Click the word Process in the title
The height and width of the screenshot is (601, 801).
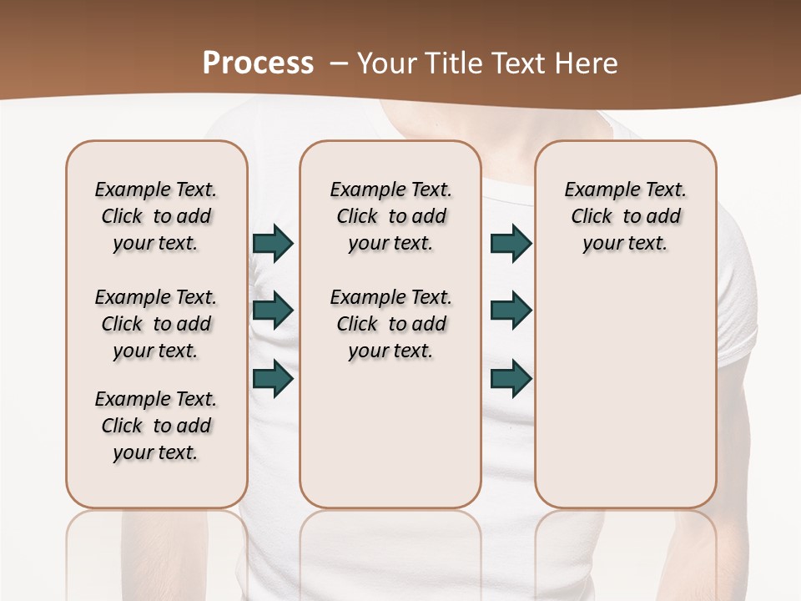258,63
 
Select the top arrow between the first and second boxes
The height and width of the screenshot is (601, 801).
273,243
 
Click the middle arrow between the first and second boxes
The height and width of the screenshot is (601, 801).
273,311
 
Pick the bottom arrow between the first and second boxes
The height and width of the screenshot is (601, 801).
273,378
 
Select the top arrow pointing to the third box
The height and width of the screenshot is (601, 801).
511,243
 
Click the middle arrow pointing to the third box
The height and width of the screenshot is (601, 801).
511,311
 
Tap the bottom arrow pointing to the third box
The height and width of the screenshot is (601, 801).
511,378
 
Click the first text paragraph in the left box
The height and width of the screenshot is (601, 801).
156,216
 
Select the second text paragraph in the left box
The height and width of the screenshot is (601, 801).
156,324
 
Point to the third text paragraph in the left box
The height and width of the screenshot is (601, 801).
156,426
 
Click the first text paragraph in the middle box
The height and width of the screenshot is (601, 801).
390,216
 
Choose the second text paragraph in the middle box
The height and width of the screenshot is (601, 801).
390,324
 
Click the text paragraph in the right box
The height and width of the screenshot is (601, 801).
625,216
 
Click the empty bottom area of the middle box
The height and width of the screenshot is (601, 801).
390,442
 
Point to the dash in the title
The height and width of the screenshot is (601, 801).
339,63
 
